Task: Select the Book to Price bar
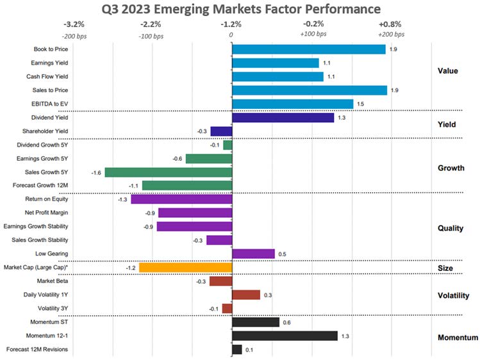pyautogui.click(x=308, y=49)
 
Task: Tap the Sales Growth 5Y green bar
pyautogui.click(x=168, y=172)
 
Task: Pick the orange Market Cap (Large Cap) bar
pyautogui.click(x=185, y=268)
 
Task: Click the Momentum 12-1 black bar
pyautogui.click(x=285, y=336)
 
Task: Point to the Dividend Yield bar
pyautogui.click(x=283, y=118)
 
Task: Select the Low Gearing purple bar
pyautogui.click(x=253, y=254)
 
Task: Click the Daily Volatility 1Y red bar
pyautogui.click(x=246, y=295)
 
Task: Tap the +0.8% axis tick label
pyautogui.click(x=390, y=24)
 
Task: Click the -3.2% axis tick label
pyautogui.click(x=76, y=24)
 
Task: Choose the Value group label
pyautogui.click(x=448, y=70)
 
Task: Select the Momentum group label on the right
pyautogui.click(x=457, y=338)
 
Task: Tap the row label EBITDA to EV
pyautogui.click(x=50, y=104)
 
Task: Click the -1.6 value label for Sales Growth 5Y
pyautogui.click(x=97, y=172)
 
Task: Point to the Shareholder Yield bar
pyautogui.click(x=221, y=131)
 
